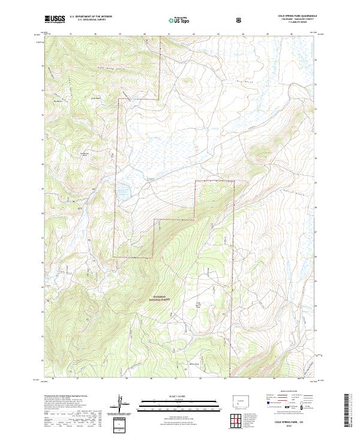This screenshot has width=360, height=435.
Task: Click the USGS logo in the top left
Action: coord(55,19)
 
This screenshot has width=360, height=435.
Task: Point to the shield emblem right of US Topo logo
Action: coord(240,20)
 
